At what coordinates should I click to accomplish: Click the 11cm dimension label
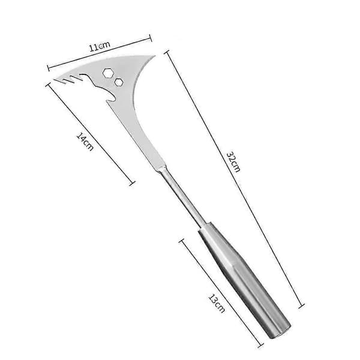coord(100,46)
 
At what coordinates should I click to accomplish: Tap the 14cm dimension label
coord(85,142)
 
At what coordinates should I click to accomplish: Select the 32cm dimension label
coord(233,161)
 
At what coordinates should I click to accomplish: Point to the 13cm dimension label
coord(217,304)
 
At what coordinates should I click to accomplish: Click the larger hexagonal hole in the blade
coord(107,73)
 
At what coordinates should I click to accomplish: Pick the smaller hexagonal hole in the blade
coord(119,82)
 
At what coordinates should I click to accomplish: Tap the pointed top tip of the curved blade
coord(155,56)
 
